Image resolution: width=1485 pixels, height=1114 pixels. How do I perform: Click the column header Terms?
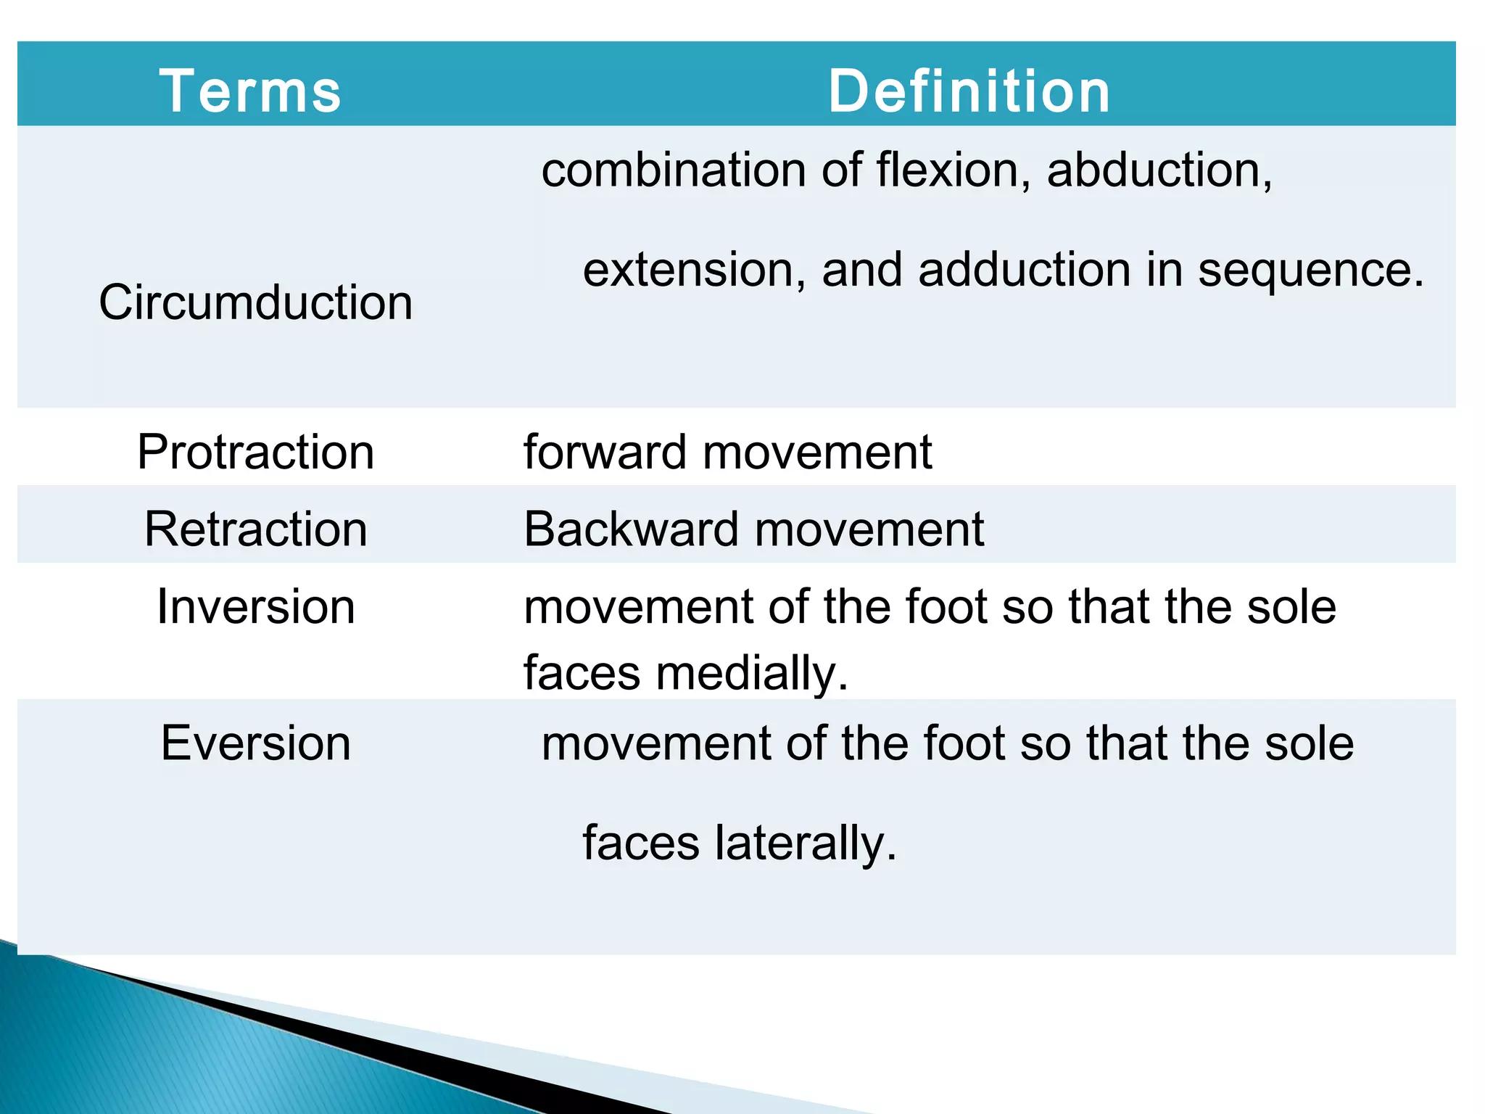(250, 91)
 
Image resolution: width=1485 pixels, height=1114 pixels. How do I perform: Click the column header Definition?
(969, 91)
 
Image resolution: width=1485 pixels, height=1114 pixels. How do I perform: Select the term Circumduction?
(255, 302)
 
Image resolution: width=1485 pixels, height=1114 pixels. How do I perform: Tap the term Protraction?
(255, 453)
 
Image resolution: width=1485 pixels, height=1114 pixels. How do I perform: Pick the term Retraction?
(255, 529)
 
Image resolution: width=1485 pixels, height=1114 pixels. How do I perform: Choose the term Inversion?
(255, 607)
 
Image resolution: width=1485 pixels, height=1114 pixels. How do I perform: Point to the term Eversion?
(255, 743)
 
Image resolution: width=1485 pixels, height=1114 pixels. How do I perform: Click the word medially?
(751, 673)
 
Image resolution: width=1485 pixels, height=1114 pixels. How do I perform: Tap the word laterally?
(805, 843)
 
